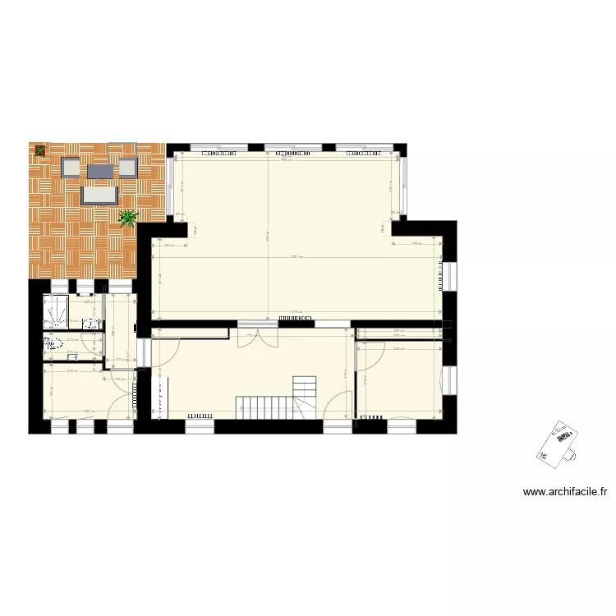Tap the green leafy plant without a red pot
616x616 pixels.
point(128,218)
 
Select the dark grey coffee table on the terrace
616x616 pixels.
point(99,171)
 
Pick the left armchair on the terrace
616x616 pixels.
point(72,168)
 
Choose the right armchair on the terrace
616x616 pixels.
point(126,168)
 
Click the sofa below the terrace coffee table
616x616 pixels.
point(99,195)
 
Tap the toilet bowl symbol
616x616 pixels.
point(55,343)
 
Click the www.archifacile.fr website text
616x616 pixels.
point(564,493)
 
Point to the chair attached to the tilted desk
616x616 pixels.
point(571,451)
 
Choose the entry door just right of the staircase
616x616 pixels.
point(338,407)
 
